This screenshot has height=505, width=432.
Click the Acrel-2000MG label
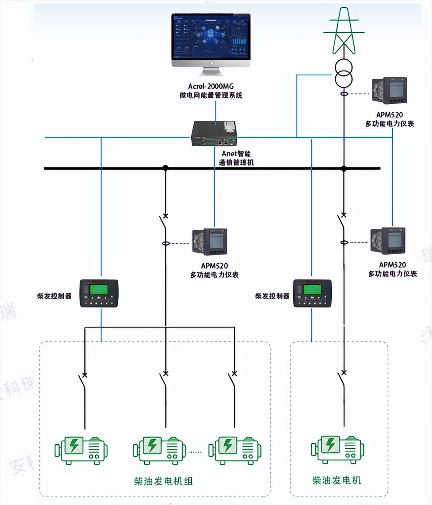(x=211, y=86)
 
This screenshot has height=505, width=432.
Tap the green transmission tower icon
(x=344, y=32)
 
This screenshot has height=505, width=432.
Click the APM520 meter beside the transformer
(x=389, y=91)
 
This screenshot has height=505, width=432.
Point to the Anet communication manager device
(x=214, y=133)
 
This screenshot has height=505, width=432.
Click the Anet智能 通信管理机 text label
(x=236, y=158)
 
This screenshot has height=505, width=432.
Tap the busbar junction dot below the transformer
(x=344, y=168)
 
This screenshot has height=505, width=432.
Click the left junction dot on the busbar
(x=165, y=168)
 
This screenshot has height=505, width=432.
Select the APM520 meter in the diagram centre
(x=210, y=242)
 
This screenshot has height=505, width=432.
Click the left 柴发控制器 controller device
(x=99, y=293)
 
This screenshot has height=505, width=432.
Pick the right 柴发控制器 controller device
(x=312, y=293)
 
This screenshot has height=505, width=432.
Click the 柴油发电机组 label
(x=163, y=481)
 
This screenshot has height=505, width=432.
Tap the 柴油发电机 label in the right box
(x=336, y=481)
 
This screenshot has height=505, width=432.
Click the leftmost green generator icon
(x=81, y=449)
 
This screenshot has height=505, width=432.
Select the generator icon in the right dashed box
(x=338, y=449)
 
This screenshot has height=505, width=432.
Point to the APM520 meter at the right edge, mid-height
(x=388, y=241)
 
